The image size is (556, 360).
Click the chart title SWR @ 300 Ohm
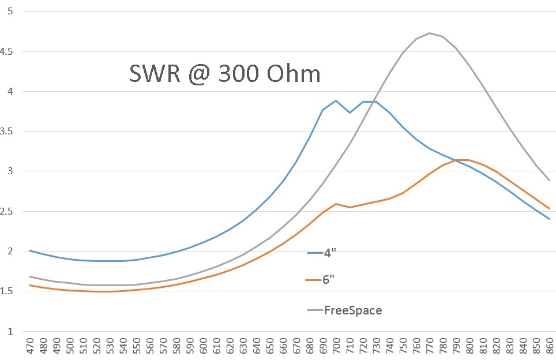pyautogui.click(x=224, y=74)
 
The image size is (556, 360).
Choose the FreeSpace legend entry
pyautogui.click(x=352, y=310)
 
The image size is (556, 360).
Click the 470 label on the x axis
pyautogui.click(x=29, y=347)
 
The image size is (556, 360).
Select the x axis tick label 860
pyautogui.click(x=549, y=347)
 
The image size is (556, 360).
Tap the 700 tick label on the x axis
pyautogui.click(x=336, y=347)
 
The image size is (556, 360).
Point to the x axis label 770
pyautogui.click(x=429, y=347)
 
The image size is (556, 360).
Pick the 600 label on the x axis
pyautogui.click(x=202, y=347)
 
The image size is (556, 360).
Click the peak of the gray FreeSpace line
pyautogui.click(x=429, y=33)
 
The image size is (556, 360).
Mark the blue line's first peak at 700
pyautogui.click(x=336, y=100)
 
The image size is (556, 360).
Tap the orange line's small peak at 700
pyautogui.click(x=336, y=204)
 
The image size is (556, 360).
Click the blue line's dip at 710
pyautogui.click(x=349, y=112)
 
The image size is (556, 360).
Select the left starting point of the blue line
pyautogui.click(x=29, y=250)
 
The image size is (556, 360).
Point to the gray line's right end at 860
pyautogui.click(x=549, y=180)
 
